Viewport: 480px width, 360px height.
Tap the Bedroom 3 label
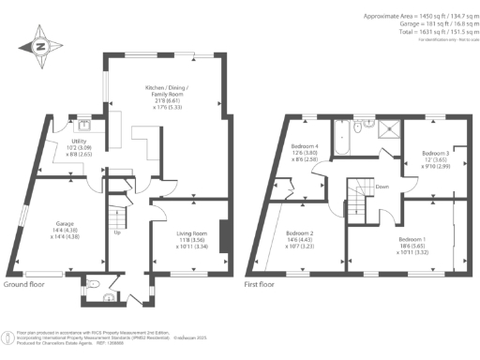point(435,153)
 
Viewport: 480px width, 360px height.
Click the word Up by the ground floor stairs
point(116,233)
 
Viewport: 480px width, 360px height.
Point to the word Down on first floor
point(382,187)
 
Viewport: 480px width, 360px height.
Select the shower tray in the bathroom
point(385,127)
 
